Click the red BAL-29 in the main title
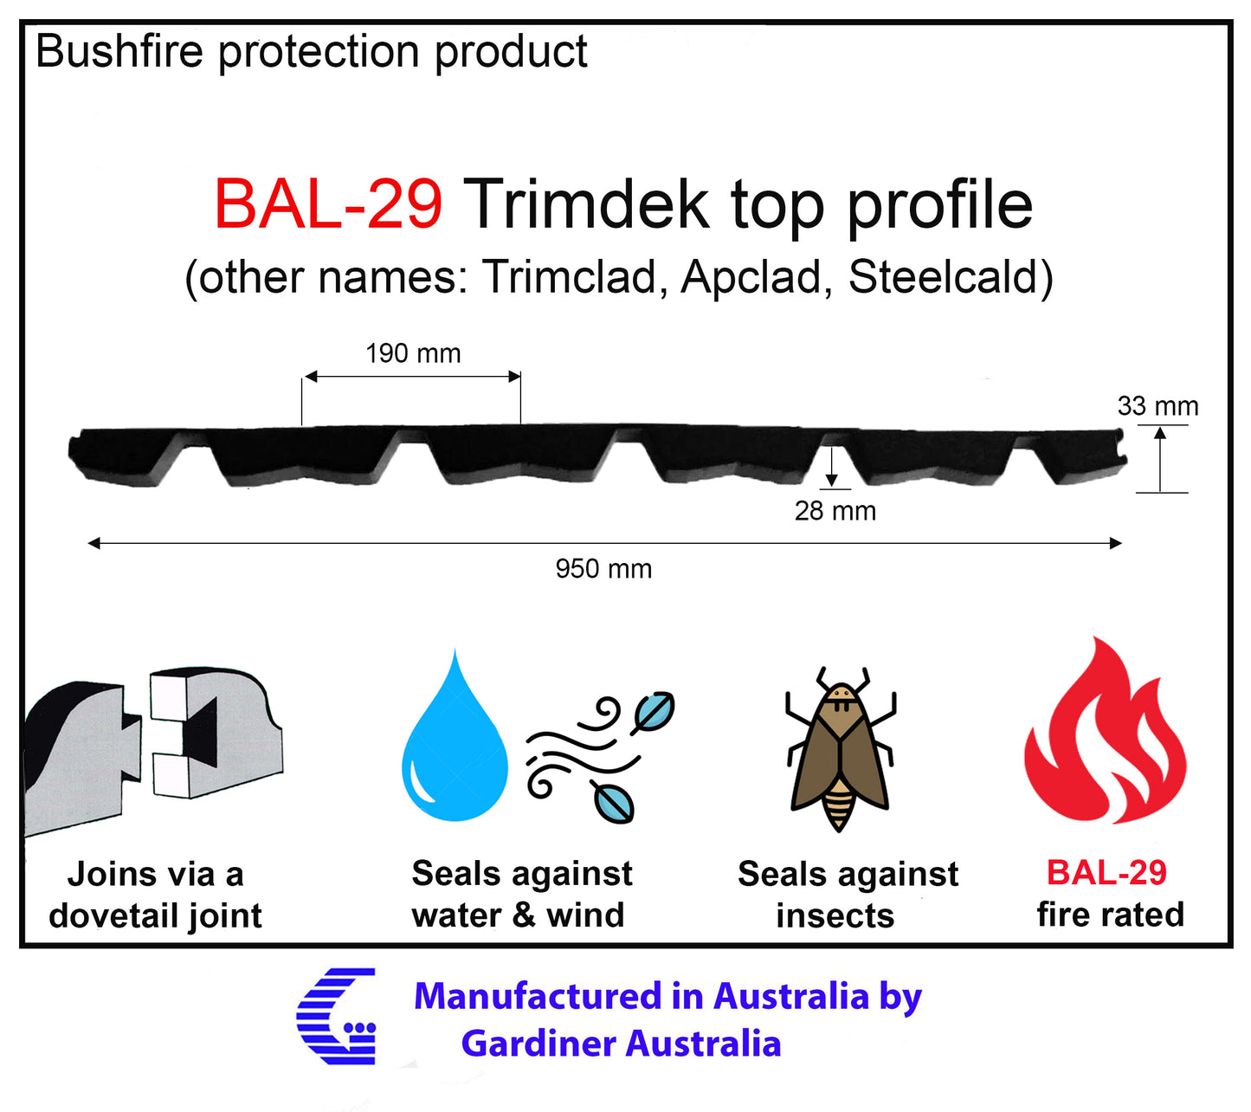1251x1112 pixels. [x=328, y=204]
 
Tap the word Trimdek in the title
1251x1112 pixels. [x=586, y=204]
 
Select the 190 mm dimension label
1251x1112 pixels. [x=413, y=353]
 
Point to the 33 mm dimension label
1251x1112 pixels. [x=1157, y=406]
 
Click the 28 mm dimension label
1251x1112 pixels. [x=835, y=511]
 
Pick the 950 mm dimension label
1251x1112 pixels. [x=603, y=569]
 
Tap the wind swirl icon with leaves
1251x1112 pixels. [x=597, y=757]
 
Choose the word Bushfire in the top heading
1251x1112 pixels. [x=121, y=51]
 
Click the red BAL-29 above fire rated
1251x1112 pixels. [x=1106, y=872]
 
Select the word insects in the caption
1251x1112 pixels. [x=835, y=915]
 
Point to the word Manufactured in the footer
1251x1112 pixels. [x=537, y=996]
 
